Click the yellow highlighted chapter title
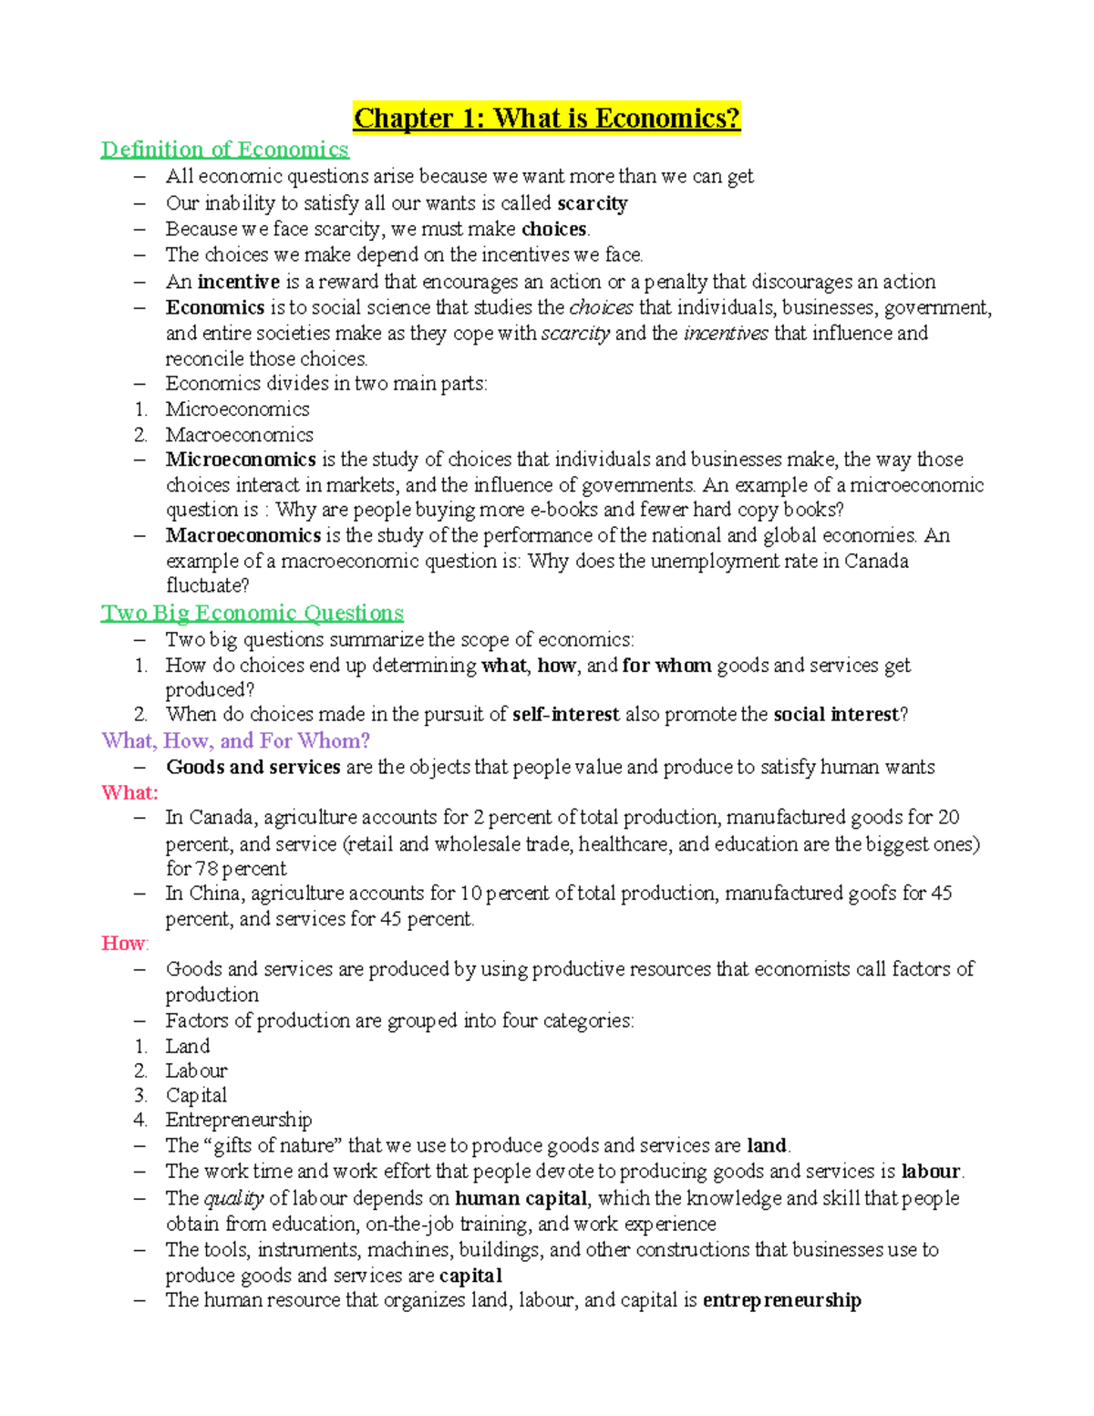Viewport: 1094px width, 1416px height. point(547,119)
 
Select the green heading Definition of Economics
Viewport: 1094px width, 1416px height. point(224,150)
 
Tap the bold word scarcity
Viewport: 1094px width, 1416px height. point(592,203)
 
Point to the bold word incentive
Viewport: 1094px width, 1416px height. point(238,282)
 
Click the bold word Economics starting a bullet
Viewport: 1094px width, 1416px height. point(214,307)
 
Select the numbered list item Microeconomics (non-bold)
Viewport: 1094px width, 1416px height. point(237,409)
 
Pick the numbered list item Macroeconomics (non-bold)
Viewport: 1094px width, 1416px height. point(239,435)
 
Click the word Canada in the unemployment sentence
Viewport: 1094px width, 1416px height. point(876,561)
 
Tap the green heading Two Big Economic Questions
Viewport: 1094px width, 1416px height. point(253,613)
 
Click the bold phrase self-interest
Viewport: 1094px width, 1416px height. point(565,715)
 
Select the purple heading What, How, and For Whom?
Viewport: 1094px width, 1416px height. point(236,740)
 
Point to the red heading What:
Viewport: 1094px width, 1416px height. point(129,792)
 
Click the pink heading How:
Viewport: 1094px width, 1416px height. point(125,943)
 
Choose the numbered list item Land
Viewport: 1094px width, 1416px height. point(187,1046)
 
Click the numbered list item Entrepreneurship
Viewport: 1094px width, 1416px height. point(238,1120)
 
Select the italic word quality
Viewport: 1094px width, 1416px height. point(233,1198)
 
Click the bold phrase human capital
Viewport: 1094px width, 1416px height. point(521,1198)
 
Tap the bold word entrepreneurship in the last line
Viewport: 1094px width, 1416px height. point(781,1300)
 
